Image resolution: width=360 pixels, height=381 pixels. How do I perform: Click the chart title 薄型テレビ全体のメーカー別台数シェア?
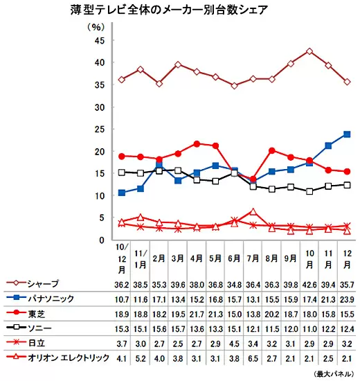click(x=169, y=10)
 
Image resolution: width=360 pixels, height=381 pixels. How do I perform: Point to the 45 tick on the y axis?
click(x=100, y=41)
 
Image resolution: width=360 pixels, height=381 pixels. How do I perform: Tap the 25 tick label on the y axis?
click(x=100, y=130)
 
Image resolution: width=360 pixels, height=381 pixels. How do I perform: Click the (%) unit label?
click(x=96, y=27)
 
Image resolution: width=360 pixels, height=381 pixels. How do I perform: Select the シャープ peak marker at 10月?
click(x=309, y=51)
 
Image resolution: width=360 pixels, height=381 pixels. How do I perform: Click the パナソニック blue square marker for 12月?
click(x=347, y=134)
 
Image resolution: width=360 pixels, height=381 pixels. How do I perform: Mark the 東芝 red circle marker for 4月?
click(x=197, y=144)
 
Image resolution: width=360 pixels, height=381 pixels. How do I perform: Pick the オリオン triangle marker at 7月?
click(x=253, y=212)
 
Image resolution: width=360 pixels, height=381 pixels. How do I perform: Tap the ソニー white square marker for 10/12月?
click(x=122, y=172)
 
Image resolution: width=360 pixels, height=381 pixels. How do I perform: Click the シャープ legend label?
click(x=43, y=284)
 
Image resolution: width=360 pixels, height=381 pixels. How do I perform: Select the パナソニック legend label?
click(x=51, y=299)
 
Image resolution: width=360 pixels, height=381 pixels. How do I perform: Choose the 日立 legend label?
click(x=37, y=343)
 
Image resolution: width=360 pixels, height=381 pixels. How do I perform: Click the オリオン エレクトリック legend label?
click(x=69, y=357)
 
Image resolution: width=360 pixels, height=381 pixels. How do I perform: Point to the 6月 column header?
click(x=234, y=258)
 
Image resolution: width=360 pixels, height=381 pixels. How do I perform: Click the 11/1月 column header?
click(x=141, y=259)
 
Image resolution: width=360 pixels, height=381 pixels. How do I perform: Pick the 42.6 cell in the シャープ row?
click(x=309, y=285)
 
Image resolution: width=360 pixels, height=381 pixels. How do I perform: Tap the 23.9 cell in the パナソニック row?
click(x=347, y=299)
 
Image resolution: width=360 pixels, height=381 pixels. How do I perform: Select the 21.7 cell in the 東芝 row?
click(x=197, y=314)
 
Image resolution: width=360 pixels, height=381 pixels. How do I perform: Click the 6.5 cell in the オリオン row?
click(x=253, y=358)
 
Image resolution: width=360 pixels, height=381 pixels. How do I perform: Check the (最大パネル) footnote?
click(x=334, y=373)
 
